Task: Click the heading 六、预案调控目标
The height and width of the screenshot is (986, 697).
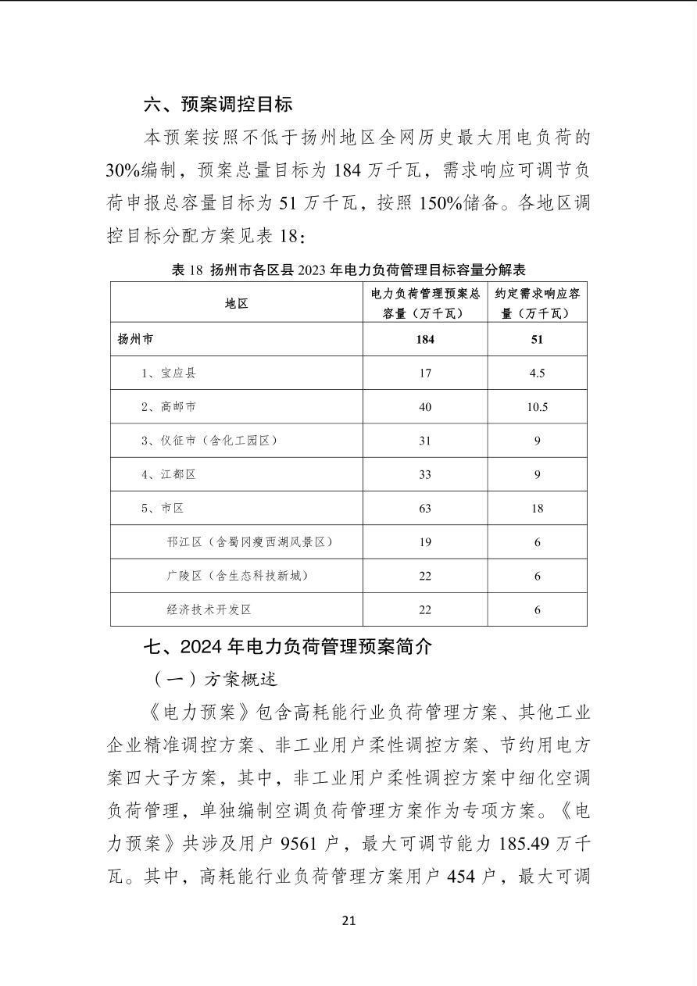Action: point(218,104)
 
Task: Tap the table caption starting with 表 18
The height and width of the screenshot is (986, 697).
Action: point(348,270)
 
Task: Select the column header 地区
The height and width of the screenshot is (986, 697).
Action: point(236,303)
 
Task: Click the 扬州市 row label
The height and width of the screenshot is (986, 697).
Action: point(135,339)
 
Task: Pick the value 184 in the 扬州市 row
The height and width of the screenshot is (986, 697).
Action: point(425,339)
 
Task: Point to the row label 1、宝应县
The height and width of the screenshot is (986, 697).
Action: point(168,373)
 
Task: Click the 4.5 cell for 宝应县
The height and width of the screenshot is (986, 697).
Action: point(537,373)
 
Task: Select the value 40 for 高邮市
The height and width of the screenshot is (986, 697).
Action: point(425,406)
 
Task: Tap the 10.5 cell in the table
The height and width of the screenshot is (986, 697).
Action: point(537,406)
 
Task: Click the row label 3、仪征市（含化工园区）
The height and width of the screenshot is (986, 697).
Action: point(209,441)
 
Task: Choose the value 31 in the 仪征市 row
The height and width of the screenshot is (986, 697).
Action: point(425,441)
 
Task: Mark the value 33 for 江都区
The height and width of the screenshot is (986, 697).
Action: point(425,474)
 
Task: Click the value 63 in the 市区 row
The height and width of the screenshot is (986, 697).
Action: point(425,508)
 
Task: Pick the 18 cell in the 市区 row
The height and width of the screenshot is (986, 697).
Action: point(537,508)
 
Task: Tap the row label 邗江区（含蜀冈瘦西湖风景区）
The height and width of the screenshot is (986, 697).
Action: point(244,541)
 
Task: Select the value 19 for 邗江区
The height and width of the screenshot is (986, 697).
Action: point(425,541)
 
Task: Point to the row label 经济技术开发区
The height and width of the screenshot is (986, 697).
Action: point(209,609)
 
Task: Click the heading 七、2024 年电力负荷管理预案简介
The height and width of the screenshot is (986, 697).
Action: point(287,647)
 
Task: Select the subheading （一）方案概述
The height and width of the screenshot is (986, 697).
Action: point(215,679)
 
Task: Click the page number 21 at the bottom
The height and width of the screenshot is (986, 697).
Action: point(348,920)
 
